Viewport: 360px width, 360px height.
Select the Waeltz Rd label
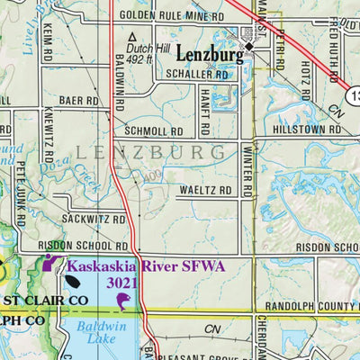(x=205, y=192)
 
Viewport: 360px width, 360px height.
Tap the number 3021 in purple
(x=122, y=283)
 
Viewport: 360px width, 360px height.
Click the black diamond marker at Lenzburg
(x=251, y=43)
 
